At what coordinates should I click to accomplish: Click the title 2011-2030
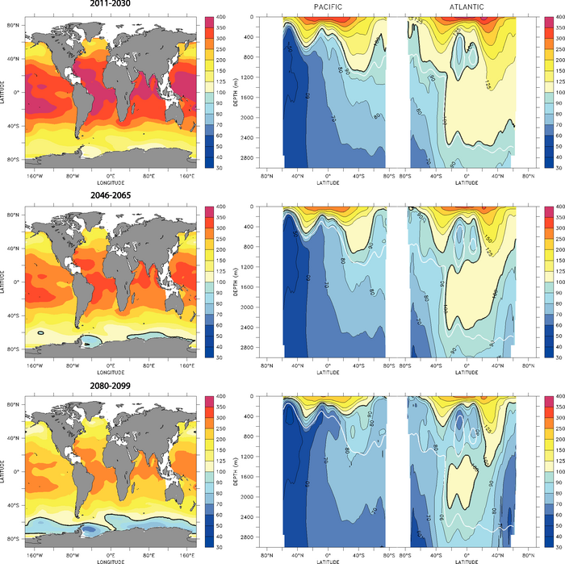pyautogui.click(x=111, y=5)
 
